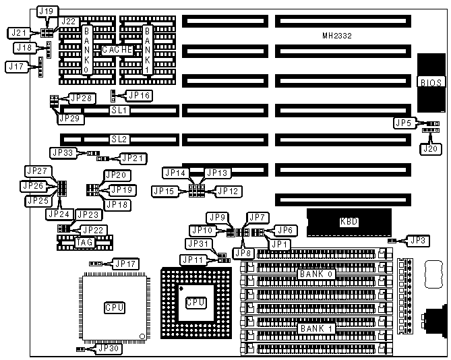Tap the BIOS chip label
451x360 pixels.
coord(431,83)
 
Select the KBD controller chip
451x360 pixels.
coord(349,222)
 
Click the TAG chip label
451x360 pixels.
coord(85,242)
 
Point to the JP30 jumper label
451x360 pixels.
coord(109,349)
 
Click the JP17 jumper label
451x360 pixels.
coord(125,263)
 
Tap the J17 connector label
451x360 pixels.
coord(14,66)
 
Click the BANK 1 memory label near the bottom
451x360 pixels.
coord(316,328)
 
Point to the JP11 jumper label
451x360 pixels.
coord(191,260)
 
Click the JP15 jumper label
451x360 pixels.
coord(164,191)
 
